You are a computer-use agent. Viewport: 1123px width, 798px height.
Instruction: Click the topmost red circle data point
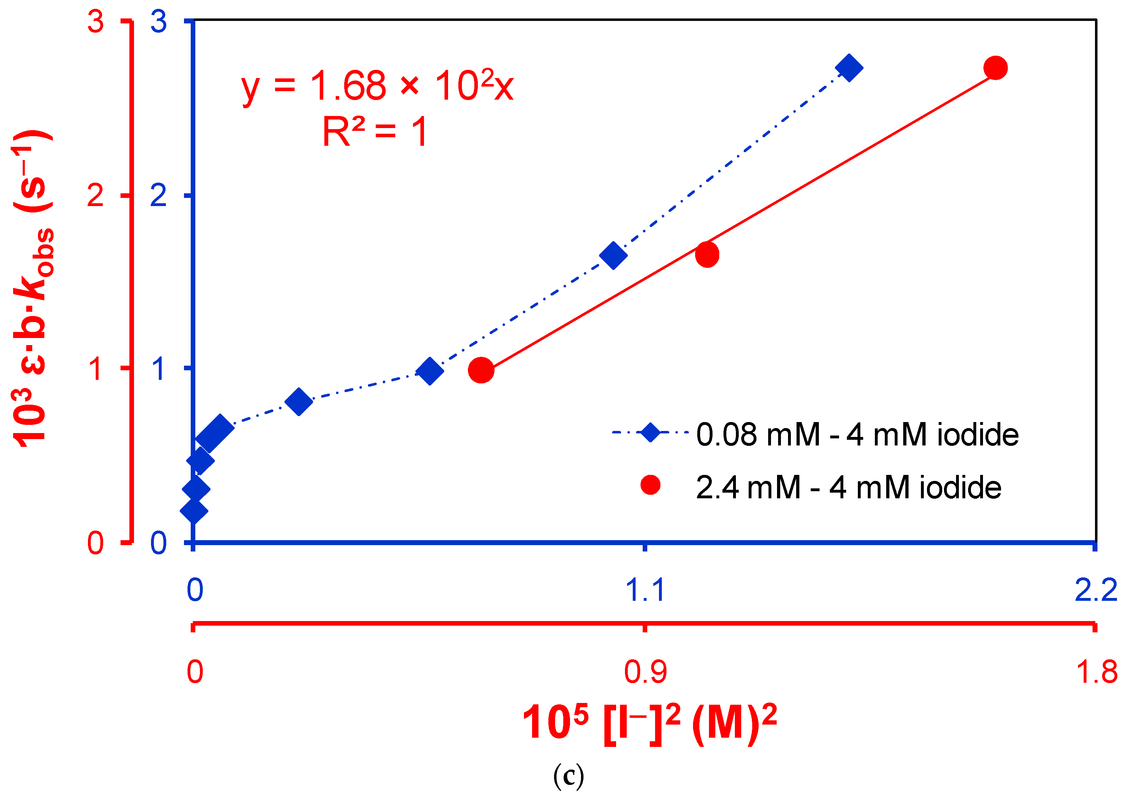[995, 68]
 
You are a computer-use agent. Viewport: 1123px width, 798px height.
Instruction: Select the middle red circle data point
[706, 255]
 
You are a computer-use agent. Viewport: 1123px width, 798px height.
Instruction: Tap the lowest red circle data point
[481, 370]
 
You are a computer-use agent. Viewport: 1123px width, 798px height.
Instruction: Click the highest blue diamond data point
[848, 68]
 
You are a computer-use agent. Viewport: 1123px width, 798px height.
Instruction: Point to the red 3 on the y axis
[95, 22]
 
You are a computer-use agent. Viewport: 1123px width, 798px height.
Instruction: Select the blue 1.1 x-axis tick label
[645, 590]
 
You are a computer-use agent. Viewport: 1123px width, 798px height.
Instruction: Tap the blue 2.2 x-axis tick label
[1095, 590]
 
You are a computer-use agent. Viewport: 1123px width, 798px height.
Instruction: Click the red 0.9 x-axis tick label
[645, 672]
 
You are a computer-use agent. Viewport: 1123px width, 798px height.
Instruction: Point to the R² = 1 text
[375, 132]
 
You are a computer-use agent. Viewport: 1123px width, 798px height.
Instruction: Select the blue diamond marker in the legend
[650, 432]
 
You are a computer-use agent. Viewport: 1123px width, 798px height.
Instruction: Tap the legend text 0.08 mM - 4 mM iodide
[857, 435]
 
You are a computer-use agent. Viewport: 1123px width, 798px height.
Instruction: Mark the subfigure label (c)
[568, 777]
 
